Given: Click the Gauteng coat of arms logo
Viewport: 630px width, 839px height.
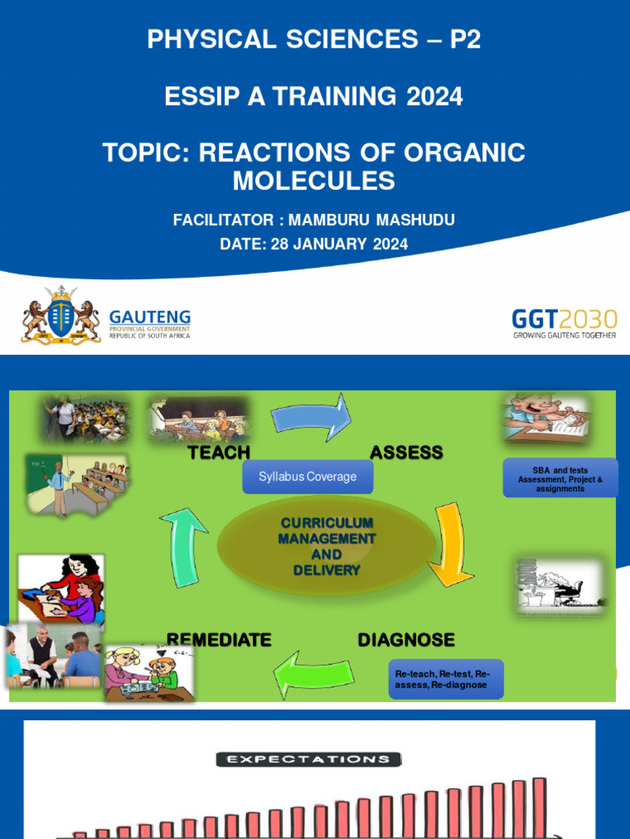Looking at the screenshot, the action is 61,315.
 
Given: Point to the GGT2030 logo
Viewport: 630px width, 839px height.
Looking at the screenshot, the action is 564,323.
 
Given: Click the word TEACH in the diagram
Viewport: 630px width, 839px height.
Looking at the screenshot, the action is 219,452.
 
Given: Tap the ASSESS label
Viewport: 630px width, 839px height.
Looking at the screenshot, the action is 406,452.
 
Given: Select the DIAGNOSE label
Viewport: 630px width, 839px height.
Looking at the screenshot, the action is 406,639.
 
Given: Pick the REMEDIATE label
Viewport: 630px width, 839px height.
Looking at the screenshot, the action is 219,639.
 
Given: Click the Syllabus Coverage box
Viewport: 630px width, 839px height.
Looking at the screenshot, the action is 308,476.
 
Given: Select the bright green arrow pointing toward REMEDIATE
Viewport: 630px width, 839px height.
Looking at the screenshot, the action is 314,673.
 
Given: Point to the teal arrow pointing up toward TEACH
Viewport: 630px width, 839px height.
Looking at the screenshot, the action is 183,548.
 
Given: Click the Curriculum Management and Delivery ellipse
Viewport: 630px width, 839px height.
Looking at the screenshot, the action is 326,546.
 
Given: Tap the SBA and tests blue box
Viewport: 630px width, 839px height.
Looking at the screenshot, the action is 559,478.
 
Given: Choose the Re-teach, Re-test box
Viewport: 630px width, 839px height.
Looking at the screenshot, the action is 445,679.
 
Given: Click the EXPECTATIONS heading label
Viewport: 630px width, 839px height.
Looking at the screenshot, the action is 308,760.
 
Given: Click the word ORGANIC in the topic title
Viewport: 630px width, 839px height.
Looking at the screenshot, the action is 464,152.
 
